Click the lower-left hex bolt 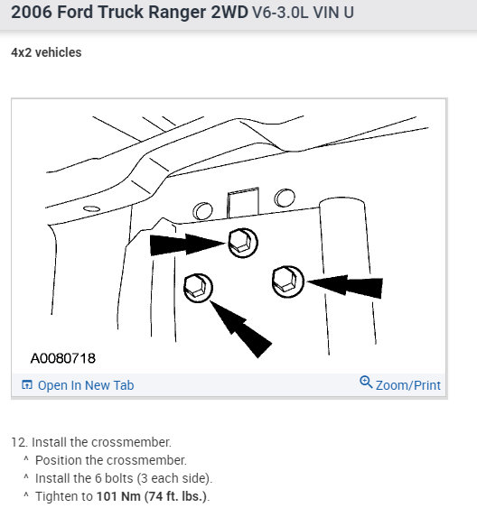click(x=197, y=286)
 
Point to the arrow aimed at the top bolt click(x=185, y=243)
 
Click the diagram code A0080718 click(x=63, y=358)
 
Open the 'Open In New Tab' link click(x=85, y=385)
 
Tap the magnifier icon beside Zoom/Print click(x=366, y=383)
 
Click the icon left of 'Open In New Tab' click(x=27, y=385)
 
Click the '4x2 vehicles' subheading click(x=46, y=52)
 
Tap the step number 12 click(x=17, y=442)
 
